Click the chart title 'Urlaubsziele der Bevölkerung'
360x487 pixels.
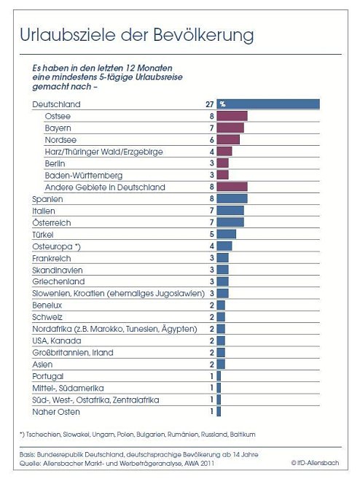(x=136, y=34)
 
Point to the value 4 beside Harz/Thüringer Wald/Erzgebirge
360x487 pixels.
(x=210, y=152)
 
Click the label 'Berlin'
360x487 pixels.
(x=56, y=163)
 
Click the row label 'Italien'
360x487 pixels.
(x=44, y=211)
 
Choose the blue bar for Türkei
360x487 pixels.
(x=226, y=234)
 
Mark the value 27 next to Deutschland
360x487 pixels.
(x=208, y=104)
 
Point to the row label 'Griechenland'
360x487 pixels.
(x=58, y=281)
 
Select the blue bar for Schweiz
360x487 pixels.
(x=221, y=317)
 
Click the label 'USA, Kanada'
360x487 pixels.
(x=56, y=340)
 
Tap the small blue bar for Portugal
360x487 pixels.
(x=219, y=376)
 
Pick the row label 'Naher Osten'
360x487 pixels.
(x=55, y=412)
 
